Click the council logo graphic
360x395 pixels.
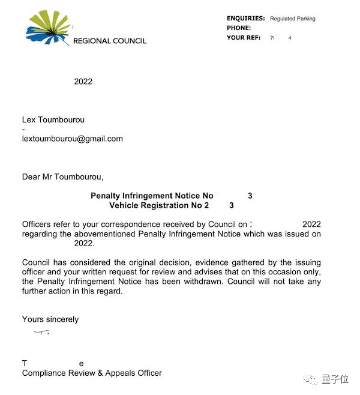tap(49, 28)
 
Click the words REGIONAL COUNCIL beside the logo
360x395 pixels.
tap(109, 41)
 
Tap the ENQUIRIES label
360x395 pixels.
tap(245, 19)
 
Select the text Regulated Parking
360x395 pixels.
tap(292, 19)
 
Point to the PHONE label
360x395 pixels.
tap(239, 28)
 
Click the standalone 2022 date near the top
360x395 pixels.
tap(83, 82)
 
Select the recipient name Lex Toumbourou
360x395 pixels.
tap(53, 119)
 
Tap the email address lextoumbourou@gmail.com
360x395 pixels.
tap(72, 139)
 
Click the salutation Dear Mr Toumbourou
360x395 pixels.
tap(62, 177)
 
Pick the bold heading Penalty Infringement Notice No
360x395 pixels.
tap(152, 196)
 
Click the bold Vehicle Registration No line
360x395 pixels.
tap(159, 205)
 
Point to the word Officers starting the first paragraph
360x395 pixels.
tap(38, 225)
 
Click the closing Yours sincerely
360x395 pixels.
tap(50, 319)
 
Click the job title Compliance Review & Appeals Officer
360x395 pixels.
tap(92, 373)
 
